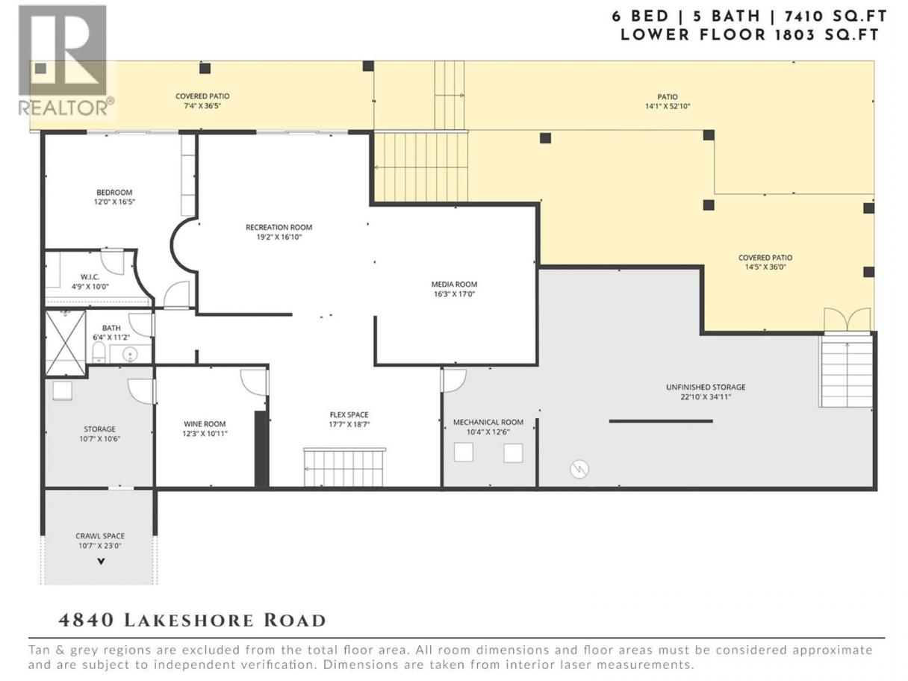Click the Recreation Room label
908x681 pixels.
point(279,228)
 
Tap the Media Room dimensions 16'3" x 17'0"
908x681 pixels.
point(454,294)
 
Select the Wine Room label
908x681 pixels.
point(205,424)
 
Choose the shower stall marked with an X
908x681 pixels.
point(66,343)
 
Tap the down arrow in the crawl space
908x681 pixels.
point(101,562)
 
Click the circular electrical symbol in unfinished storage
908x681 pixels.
point(579,469)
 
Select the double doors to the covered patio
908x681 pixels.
point(848,320)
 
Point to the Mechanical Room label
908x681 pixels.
point(488,422)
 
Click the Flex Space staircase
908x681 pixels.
point(344,467)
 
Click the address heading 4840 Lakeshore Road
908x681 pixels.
point(193,621)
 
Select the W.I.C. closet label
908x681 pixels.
point(90,277)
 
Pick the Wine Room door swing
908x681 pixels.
point(253,382)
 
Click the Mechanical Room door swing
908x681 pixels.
point(454,380)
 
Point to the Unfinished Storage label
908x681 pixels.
point(706,388)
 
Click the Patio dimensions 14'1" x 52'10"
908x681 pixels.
point(668,106)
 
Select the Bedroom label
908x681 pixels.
point(114,193)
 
